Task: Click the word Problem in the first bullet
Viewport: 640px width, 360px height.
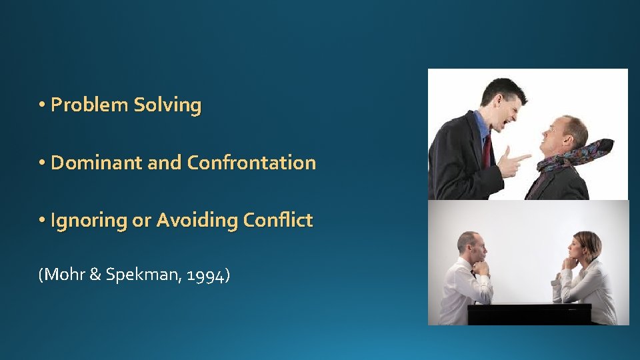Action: tap(90, 105)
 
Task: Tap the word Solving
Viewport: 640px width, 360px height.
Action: tap(167, 105)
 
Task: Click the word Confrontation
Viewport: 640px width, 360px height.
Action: tap(251, 163)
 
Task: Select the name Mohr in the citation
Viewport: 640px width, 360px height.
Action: tap(63, 274)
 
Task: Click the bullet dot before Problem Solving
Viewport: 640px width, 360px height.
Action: tap(42, 105)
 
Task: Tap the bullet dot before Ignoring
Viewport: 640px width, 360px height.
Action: tap(42, 221)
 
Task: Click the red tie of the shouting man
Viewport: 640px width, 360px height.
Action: tap(487, 150)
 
